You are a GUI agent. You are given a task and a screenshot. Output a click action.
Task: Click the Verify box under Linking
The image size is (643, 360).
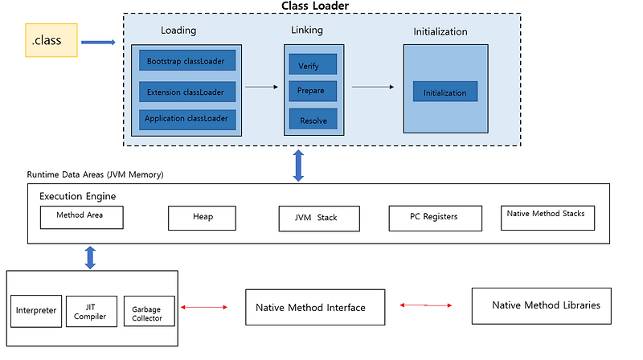click(312, 65)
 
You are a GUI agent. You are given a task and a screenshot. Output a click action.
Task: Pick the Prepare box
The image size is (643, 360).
click(312, 91)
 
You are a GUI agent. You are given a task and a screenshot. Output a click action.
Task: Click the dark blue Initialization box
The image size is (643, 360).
click(444, 92)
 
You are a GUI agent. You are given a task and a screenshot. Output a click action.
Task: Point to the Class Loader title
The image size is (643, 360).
click(314, 6)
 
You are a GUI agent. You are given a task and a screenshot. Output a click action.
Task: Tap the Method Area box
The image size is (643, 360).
click(84, 217)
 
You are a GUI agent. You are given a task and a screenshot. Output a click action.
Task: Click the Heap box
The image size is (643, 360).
click(202, 218)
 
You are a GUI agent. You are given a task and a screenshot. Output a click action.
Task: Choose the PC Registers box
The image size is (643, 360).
click(435, 218)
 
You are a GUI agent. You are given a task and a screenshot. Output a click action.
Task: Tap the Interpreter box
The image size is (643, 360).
click(35, 309)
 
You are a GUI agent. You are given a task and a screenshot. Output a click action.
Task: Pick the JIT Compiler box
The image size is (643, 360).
click(90, 309)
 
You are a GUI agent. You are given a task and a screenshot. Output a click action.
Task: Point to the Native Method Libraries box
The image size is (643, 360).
click(546, 305)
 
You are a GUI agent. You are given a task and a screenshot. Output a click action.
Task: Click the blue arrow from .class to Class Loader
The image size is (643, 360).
click(98, 42)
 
